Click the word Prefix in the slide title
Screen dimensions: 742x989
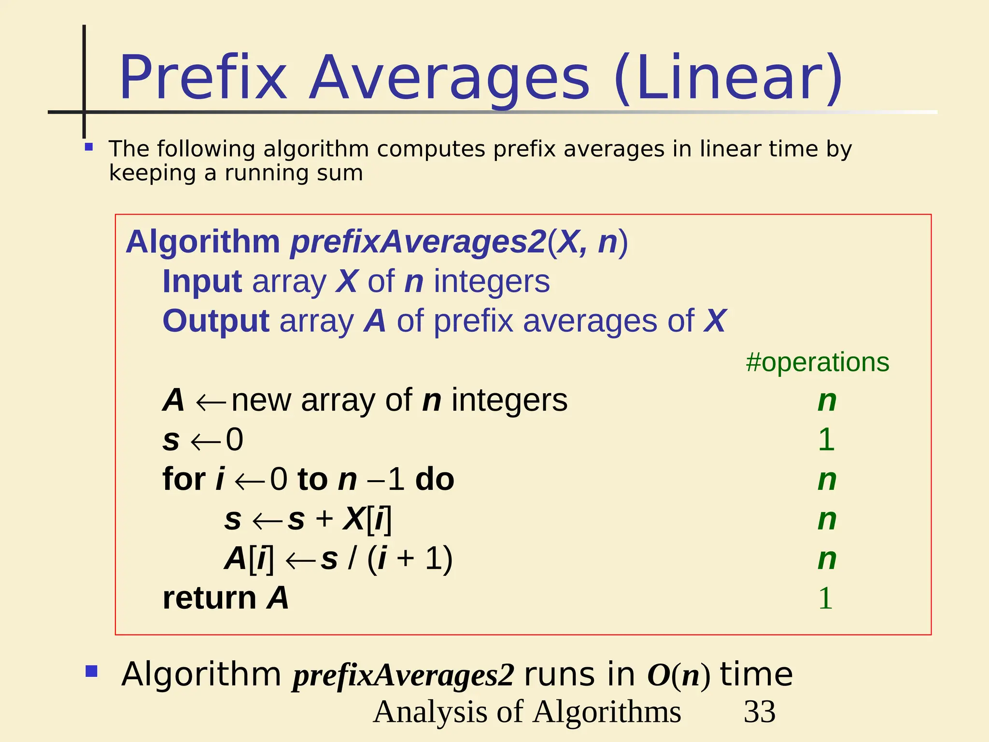pyautogui.click(x=203, y=78)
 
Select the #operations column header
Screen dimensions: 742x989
pyautogui.click(x=817, y=362)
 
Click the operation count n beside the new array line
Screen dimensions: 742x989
pyautogui.click(x=827, y=400)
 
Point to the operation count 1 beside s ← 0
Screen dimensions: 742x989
pyautogui.click(x=826, y=440)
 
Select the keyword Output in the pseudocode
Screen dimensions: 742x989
pyautogui.click(x=215, y=321)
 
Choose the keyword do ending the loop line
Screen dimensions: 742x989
pyautogui.click(x=435, y=479)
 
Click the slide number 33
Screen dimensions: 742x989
pyautogui.click(x=759, y=712)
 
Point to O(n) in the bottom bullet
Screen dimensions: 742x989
pyautogui.click(x=678, y=675)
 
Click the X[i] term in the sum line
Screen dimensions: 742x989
pyautogui.click(x=367, y=520)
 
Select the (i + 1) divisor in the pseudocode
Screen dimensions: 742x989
pyautogui.click(x=410, y=559)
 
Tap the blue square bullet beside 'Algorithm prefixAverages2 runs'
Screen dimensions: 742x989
pyautogui.click(x=91, y=671)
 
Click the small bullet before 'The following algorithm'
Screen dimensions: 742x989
pyautogui.click(x=88, y=147)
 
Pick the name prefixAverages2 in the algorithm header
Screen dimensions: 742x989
pyautogui.click(x=418, y=242)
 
